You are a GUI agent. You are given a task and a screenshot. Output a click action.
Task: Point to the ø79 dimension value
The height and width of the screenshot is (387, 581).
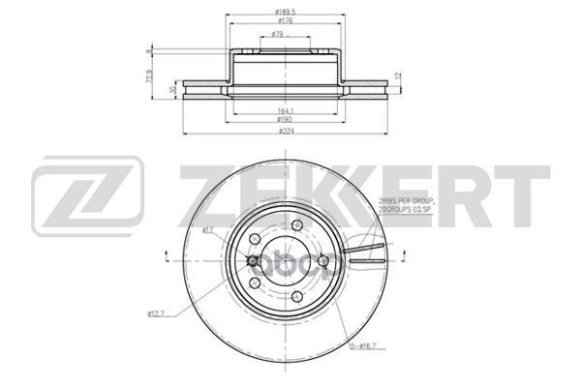point(277,35)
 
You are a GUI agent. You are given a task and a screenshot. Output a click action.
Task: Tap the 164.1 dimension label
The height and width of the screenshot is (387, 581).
point(285,110)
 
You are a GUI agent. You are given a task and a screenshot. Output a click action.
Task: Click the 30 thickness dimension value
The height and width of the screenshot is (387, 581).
point(172,89)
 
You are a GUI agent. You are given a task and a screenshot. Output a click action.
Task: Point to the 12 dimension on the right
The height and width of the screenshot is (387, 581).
point(398,74)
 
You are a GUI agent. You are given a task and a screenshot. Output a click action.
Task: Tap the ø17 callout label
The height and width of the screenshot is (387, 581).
point(207,229)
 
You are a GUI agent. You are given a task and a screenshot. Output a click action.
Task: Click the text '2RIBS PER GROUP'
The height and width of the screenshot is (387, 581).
point(407,198)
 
